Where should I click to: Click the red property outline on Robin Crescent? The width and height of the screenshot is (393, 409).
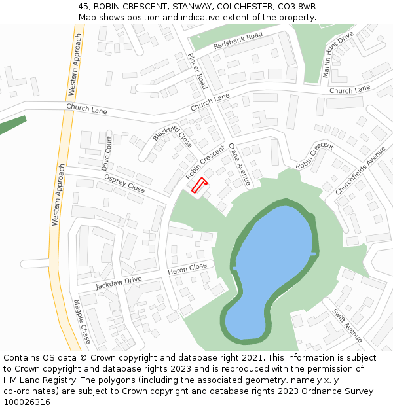198,186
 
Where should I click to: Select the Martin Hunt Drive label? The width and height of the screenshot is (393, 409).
338,54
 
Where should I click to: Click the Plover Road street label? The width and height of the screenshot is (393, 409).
198,71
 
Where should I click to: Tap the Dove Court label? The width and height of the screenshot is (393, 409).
107,154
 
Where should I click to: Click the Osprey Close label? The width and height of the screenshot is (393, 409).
124,183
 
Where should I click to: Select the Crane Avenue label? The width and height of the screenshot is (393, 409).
240,164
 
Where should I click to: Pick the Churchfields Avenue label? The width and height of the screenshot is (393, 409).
361,170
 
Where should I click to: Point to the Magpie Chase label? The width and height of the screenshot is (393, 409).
83,321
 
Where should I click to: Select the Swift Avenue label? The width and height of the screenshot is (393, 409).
347,325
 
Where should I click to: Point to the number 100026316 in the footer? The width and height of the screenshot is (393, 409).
28,402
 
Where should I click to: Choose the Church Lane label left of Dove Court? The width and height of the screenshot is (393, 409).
86,109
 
